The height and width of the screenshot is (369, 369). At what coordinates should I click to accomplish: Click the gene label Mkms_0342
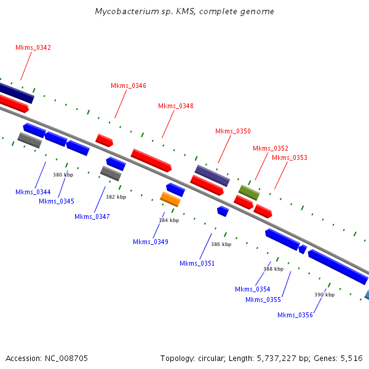tap(33, 47)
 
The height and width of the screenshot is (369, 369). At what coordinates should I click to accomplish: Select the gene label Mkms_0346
tap(129, 85)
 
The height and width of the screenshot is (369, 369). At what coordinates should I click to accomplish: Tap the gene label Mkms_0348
tap(176, 106)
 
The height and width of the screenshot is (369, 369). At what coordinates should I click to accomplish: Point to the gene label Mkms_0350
tap(233, 132)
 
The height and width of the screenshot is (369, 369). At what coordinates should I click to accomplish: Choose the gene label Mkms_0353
tap(290, 157)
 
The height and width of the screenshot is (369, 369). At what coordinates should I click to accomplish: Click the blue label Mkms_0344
tap(33, 192)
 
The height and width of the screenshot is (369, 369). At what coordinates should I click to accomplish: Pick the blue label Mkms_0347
tap(92, 216)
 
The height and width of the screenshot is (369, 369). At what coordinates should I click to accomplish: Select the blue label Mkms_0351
tap(197, 263)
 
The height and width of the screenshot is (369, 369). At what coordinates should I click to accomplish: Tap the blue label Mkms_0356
tap(295, 315)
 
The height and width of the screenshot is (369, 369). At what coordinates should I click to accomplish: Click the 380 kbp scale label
tap(63, 175)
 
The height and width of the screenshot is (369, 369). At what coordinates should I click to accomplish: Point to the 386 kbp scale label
tap(221, 244)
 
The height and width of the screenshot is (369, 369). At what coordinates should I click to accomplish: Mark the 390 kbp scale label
tap(325, 295)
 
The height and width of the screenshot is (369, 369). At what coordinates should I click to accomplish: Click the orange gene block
tap(170, 199)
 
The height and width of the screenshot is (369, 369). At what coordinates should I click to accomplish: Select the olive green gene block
tap(249, 192)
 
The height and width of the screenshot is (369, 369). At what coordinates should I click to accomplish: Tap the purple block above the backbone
tap(212, 175)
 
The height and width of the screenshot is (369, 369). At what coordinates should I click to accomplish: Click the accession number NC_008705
tap(66, 359)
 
